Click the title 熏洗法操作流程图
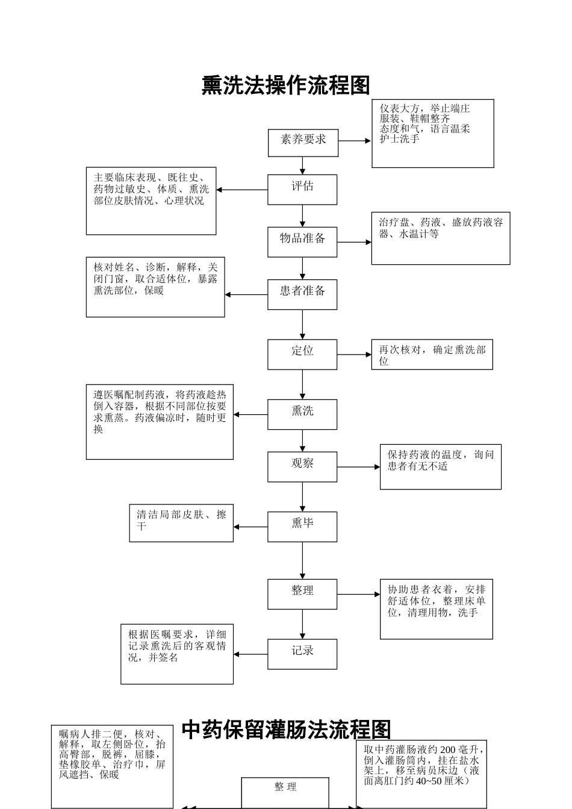[285, 85]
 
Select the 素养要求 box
[303, 143]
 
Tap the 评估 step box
[302, 190]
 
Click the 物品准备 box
[302, 242]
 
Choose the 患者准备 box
[302, 294]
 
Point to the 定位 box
[302, 354]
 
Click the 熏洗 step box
[302, 414]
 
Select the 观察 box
[302, 466]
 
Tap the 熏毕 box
[302, 527]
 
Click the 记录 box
[302, 654]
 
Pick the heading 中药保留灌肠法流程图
[286, 730]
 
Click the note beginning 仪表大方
[432, 134]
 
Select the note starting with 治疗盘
[440, 238]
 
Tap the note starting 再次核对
[432, 355]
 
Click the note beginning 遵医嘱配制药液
[160, 422]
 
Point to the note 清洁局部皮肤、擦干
[181, 523]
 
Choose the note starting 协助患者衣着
[436, 609]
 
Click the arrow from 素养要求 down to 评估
[302, 166]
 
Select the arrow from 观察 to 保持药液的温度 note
[358, 466]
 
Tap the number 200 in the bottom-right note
[447, 749]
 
